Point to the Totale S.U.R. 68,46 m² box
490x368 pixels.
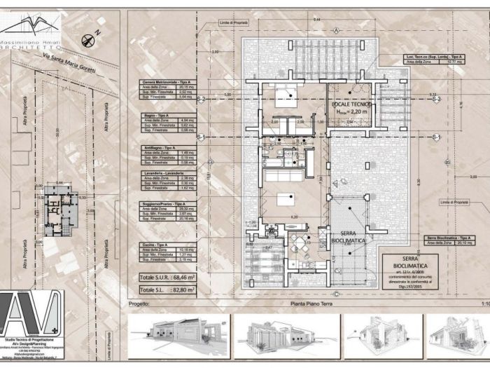coord(167,278)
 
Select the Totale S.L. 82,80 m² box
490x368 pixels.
coord(167,289)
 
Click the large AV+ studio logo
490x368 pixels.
coord(30,313)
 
